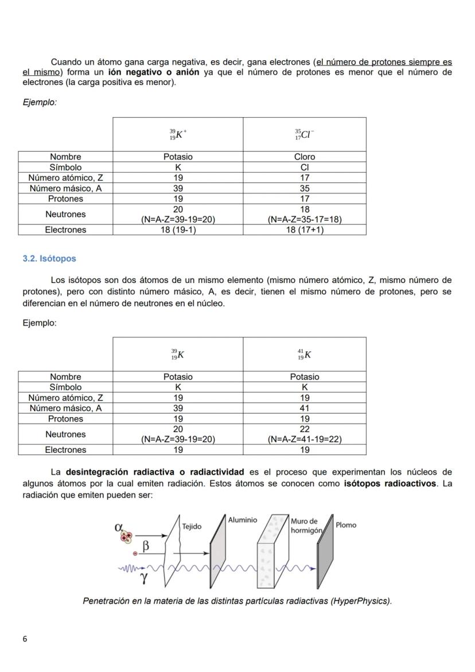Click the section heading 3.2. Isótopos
[x=49, y=259]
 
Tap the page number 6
[x=25, y=639]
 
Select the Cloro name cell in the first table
[x=304, y=157]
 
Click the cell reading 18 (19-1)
[x=178, y=230]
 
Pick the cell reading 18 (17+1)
[x=304, y=230]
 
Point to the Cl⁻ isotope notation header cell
[x=304, y=134]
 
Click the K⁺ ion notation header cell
[x=178, y=134]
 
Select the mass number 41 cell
[x=304, y=408]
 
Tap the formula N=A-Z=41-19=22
[x=304, y=439]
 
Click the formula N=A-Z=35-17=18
[x=304, y=219]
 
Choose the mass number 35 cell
[x=304, y=188]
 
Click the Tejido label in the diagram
[x=191, y=527]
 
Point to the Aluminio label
[x=242, y=520]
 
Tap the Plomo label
[x=345, y=525]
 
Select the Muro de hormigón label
[x=306, y=526]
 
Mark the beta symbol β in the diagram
[x=146, y=546]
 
